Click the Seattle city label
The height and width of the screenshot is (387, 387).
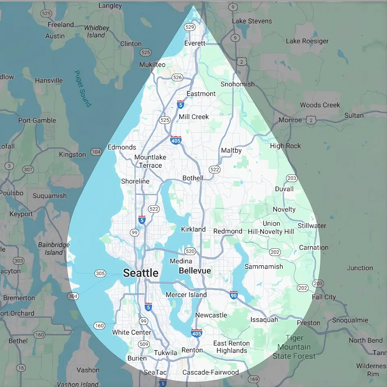click(x=140, y=273)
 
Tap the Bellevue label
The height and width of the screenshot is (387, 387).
click(x=195, y=270)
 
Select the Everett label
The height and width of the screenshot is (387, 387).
click(x=195, y=43)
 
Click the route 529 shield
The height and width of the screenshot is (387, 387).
click(x=190, y=27)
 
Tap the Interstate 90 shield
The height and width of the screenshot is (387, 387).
click(x=234, y=295)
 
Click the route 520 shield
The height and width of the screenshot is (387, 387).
click(x=190, y=251)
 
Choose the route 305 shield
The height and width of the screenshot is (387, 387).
click(x=100, y=274)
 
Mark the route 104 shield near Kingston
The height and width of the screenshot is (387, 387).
click(x=96, y=152)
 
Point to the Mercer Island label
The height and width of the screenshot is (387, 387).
click(x=186, y=295)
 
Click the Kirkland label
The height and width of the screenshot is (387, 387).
click(x=193, y=229)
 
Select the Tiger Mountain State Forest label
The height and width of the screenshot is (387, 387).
click(x=294, y=347)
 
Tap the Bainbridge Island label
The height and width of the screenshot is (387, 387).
click(x=54, y=249)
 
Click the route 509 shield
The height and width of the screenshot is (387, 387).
click(x=144, y=344)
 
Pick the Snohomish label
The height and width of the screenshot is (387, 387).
click(x=237, y=84)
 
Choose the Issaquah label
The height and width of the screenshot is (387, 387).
click(x=264, y=320)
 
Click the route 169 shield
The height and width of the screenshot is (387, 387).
click(x=254, y=379)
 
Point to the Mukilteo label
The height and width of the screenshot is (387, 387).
click(x=152, y=64)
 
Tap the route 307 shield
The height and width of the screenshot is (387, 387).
click(x=28, y=169)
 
